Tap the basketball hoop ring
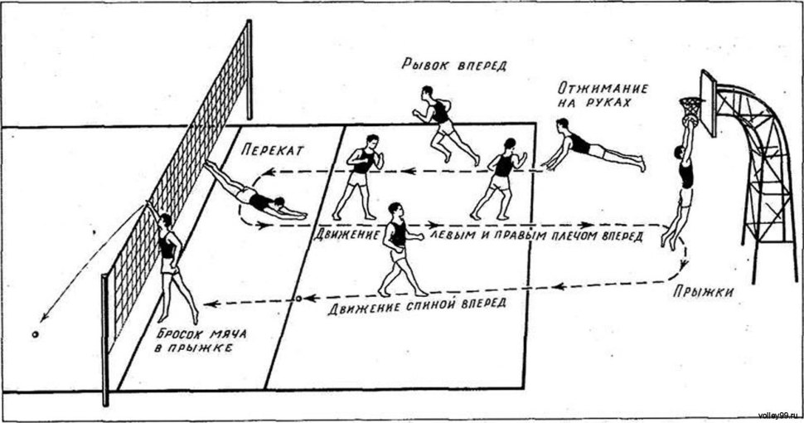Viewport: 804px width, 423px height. [x=690, y=103]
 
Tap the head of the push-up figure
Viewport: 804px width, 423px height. [x=564, y=124]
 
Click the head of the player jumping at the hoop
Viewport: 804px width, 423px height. [x=680, y=152]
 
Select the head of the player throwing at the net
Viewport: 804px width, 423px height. [x=164, y=220]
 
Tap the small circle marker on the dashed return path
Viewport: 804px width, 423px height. [x=298, y=297]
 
